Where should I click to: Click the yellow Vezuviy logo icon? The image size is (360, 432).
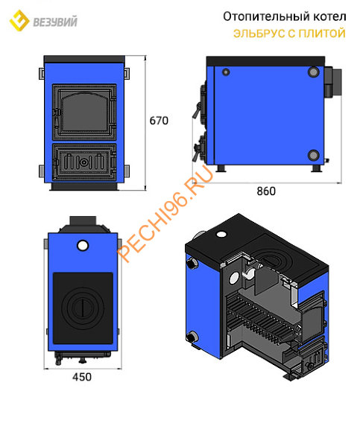19,20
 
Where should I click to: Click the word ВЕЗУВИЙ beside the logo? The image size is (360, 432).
55,22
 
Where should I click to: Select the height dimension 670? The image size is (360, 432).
159,121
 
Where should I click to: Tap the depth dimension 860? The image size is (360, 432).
266,191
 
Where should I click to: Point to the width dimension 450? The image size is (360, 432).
82,377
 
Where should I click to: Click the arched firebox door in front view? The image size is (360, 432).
84,112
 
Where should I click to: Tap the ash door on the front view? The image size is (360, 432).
84,162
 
